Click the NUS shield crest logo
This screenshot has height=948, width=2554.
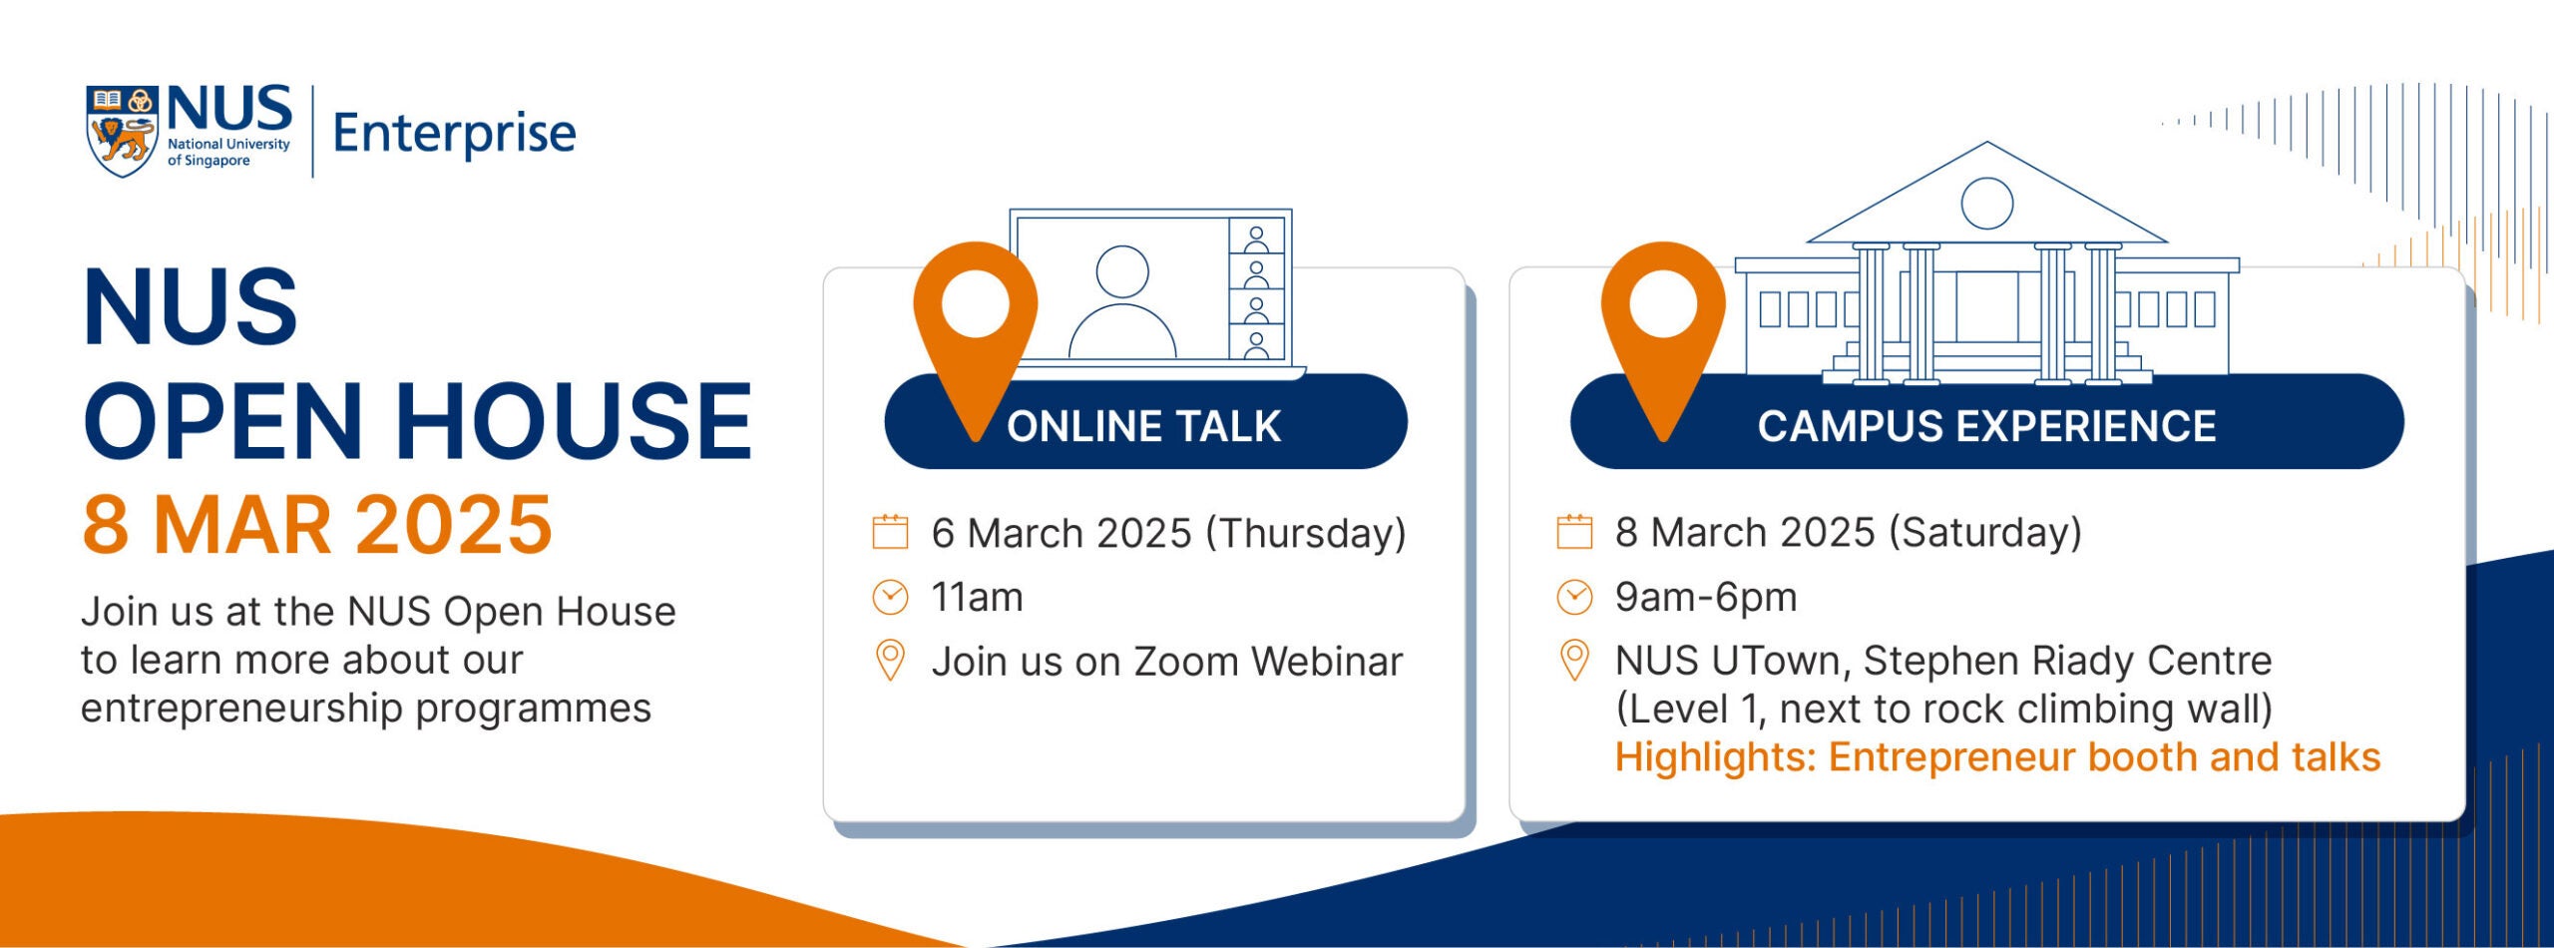tap(123, 131)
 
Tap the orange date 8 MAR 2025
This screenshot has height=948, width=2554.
tap(316, 525)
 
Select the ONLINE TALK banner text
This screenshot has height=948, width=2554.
tap(1143, 426)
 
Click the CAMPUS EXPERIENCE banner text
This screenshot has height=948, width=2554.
tap(1986, 426)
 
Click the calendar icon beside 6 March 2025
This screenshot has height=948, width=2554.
tap(890, 532)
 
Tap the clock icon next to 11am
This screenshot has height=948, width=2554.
tap(890, 598)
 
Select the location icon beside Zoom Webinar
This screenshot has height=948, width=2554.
tap(890, 660)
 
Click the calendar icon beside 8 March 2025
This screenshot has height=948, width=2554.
tap(1574, 531)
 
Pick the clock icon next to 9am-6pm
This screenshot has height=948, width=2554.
tap(1574, 597)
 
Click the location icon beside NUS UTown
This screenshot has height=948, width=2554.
tap(1574, 660)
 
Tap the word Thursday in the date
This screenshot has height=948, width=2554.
tap(1305, 534)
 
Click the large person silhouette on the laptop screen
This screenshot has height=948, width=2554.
tap(1122, 301)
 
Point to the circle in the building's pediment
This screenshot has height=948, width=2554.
tap(1986, 204)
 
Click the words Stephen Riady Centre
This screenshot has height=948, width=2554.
tap(2068, 661)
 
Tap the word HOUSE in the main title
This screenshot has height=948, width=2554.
tap(574, 421)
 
